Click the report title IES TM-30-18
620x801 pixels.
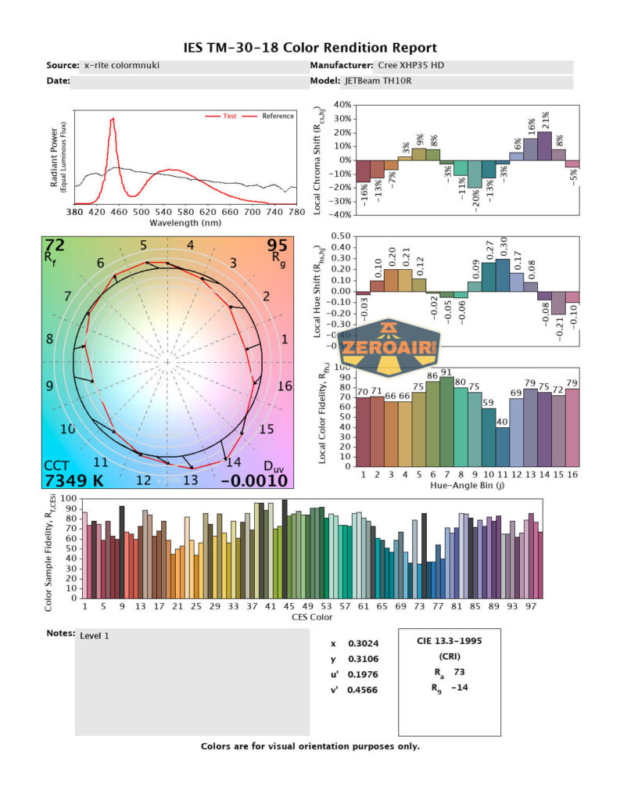(310, 48)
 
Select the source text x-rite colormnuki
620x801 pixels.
(121, 66)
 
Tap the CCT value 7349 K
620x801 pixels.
(76, 480)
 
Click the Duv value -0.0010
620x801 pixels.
(255, 481)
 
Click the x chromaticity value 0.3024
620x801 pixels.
(360, 644)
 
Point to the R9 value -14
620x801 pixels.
(460, 688)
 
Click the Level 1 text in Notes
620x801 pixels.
(95, 636)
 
